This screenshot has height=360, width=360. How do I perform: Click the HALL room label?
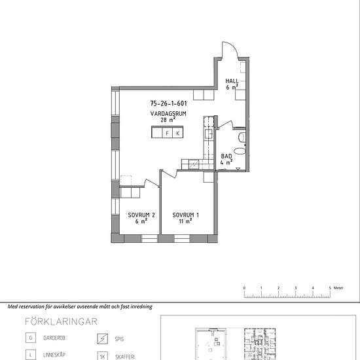[232, 81]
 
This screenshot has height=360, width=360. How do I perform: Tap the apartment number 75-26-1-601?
[168, 103]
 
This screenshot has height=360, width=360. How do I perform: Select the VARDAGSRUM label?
[168, 113]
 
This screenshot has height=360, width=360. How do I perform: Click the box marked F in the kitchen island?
[167, 133]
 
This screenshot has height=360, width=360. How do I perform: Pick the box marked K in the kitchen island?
[177, 133]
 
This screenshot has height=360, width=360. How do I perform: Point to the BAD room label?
[226, 156]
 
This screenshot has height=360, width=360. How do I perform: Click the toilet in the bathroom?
[242, 137]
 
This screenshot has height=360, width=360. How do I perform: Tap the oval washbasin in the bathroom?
[240, 151]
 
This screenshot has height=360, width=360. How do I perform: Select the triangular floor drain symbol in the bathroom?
[238, 169]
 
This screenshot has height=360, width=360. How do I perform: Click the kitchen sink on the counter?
[209, 134]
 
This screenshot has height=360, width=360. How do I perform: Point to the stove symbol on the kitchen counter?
[194, 164]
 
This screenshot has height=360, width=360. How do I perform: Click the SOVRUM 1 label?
[185, 215]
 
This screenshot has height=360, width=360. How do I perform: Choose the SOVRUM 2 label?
[141, 215]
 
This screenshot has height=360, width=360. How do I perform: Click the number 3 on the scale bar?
[295, 288]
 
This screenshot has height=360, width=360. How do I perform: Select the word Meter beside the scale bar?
[338, 288]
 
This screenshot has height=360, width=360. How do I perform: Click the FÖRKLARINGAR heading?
[61, 321]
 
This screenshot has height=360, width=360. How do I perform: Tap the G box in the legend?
[31, 338]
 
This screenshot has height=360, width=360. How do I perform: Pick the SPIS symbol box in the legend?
[102, 338]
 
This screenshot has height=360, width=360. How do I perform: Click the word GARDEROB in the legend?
[54, 338]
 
